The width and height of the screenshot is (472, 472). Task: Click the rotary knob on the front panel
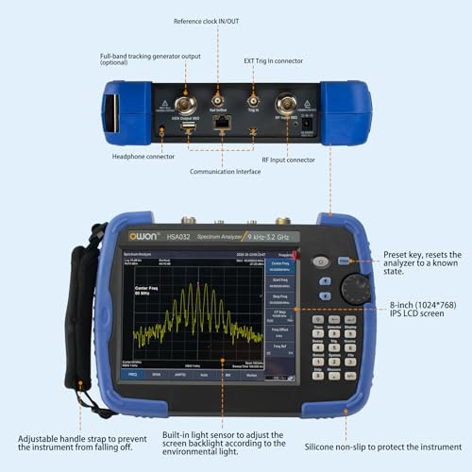click(x=354, y=289)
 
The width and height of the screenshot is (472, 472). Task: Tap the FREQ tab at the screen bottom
click(x=133, y=374)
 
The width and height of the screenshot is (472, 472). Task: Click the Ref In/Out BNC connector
click(x=217, y=99)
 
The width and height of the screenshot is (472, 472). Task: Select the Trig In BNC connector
click(x=253, y=99)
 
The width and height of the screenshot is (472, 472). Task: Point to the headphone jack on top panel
click(x=162, y=132)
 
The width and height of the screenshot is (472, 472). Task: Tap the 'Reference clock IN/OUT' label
click(x=218, y=21)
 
